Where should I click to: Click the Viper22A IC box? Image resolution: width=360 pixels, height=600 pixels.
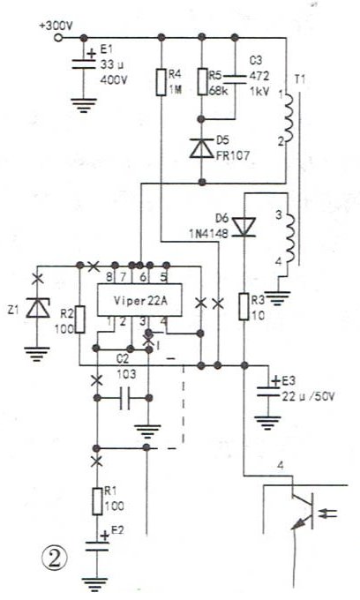tap(139, 300)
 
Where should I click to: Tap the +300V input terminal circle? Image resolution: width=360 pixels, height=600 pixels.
tap(58, 37)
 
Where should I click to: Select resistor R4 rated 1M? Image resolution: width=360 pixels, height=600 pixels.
tap(161, 82)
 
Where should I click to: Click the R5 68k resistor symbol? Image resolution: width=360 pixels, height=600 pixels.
tap(202, 81)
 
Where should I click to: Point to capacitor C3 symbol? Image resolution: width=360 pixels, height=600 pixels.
tap(235, 79)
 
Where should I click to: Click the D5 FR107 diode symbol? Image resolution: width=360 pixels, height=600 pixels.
tap(201, 148)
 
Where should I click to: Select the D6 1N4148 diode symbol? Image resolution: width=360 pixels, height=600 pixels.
tap(244, 227)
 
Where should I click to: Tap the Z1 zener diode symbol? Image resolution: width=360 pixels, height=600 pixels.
tap(37, 309)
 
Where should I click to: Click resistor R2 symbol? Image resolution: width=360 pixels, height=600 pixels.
tap(80, 319)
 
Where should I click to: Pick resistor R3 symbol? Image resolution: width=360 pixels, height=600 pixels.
tap(244, 306)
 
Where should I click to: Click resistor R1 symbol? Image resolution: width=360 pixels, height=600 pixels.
tap(97, 501)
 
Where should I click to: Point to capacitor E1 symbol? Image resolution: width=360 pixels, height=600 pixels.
tap(84, 64)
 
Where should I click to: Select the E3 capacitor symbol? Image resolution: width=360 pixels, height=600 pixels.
tap(268, 389)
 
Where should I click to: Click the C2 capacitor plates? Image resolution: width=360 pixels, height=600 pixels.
tap(124, 398)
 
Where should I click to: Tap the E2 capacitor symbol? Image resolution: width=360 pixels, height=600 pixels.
tap(97, 544)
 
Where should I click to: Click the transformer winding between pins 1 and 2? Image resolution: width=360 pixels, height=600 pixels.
tap(289, 118)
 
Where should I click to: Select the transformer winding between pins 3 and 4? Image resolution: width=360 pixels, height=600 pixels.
tap(289, 238)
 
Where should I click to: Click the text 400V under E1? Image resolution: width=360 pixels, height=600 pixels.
tap(114, 80)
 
